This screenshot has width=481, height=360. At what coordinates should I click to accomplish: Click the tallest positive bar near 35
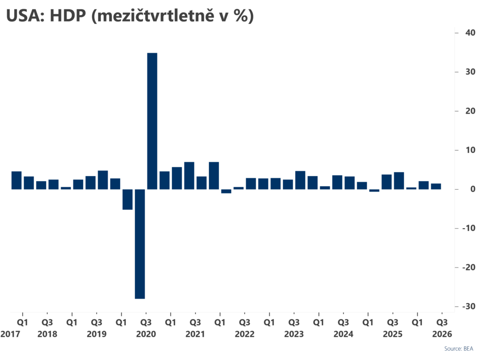[x=152, y=121]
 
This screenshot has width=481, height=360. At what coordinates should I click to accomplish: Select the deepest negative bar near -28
[x=140, y=244]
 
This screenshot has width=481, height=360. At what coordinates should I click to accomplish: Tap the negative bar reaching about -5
[x=128, y=199]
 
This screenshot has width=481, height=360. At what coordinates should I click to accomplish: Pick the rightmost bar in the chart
[x=436, y=186]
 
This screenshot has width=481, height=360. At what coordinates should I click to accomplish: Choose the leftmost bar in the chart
[x=16, y=180]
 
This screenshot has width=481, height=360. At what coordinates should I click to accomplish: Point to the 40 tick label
[x=470, y=32]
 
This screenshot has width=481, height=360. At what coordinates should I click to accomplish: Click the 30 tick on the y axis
[x=470, y=72]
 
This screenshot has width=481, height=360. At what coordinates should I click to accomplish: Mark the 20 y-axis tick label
[x=470, y=111]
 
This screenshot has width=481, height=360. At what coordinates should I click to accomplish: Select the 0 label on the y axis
[x=473, y=189]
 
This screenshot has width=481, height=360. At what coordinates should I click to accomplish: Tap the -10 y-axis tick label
[x=469, y=228]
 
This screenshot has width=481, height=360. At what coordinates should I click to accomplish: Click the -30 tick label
[x=469, y=306]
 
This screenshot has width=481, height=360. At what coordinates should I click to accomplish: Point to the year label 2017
[x=10, y=334]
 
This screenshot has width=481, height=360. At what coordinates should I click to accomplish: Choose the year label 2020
[x=146, y=334]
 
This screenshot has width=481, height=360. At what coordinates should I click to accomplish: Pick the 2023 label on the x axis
[x=294, y=334]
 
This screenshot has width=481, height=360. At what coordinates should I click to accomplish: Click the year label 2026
[x=442, y=334]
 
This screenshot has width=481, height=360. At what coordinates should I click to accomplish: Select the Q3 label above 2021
[x=195, y=322]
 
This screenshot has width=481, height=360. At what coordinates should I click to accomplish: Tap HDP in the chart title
[x=68, y=15]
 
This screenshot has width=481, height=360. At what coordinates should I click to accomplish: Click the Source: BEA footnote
[x=458, y=349]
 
